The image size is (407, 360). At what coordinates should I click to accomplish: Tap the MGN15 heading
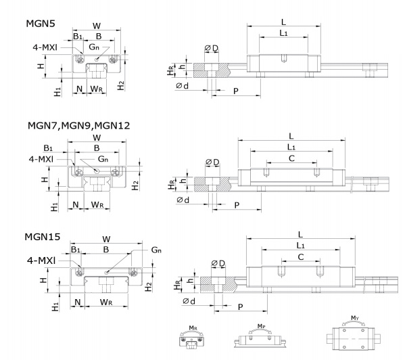pyautogui.click(x=43, y=237)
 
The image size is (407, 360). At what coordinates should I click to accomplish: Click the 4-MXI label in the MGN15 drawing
pyautogui.click(x=42, y=259)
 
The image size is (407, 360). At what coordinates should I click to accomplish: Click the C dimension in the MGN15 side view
pyautogui.click(x=300, y=257)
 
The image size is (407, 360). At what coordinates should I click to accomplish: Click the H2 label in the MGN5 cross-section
pyautogui.click(x=120, y=85)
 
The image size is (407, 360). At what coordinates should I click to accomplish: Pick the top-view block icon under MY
pyautogui.click(x=356, y=340)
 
